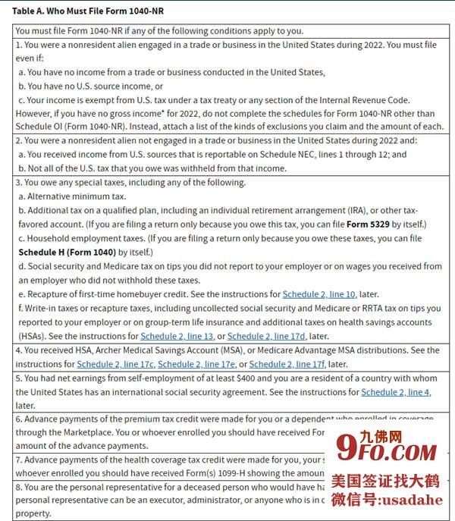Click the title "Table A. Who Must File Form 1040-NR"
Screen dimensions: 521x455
coord(87,11)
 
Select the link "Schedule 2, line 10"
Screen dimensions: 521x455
coord(319,294)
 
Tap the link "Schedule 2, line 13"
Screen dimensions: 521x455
coord(177,336)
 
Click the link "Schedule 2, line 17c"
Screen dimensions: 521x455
coord(113,364)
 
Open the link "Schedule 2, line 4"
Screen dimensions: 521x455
coord(395,392)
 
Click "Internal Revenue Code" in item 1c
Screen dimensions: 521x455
coord(361,100)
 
